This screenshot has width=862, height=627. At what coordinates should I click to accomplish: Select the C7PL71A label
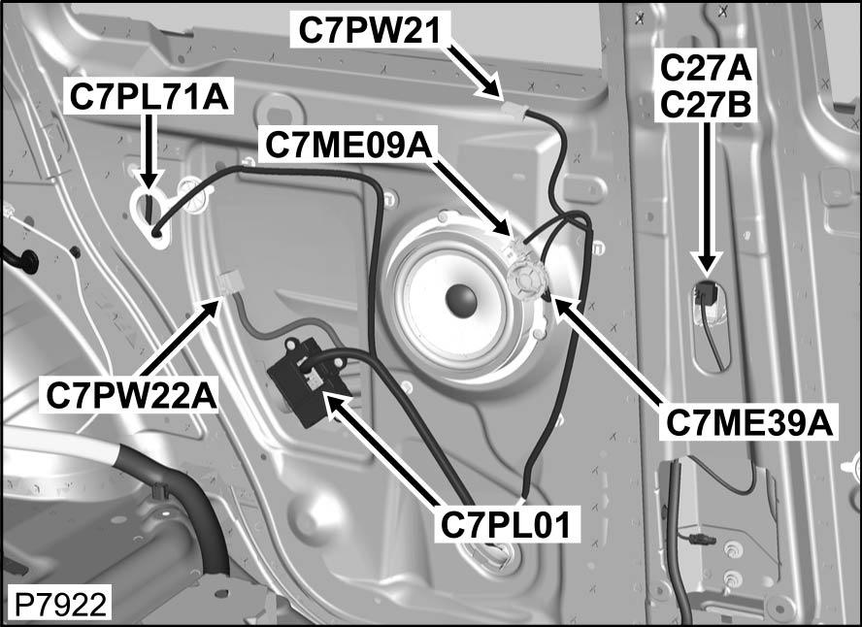pos(148,96)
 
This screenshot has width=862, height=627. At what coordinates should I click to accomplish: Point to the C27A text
pos(705,68)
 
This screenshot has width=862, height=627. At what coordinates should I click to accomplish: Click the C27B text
pos(705,102)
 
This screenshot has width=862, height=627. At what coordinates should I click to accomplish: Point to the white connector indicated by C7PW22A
pos(231,283)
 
